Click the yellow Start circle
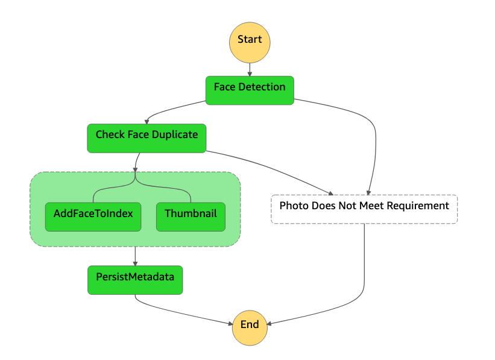point(250,42)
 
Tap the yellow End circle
point(250,328)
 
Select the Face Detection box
point(250,90)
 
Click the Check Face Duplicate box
point(147,138)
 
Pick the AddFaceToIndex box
point(93,217)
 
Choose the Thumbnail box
point(191,217)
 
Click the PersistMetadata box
point(135,280)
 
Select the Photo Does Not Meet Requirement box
point(364,209)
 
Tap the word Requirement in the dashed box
point(418,206)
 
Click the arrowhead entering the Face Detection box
point(250,74)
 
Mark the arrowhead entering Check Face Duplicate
point(147,122)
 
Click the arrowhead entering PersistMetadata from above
point(135,264)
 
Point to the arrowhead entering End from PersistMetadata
point(230,323)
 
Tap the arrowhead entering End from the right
point(270,323)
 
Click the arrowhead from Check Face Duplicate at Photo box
point(331,193)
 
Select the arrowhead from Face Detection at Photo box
point(368,192)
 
